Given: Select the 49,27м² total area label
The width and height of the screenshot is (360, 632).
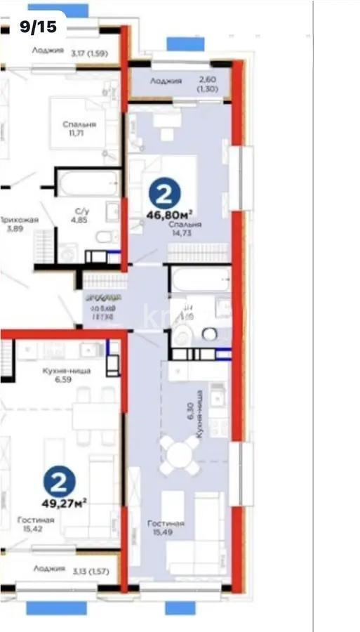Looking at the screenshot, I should tap(65, 502).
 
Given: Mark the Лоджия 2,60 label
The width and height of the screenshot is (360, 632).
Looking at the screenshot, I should tap(186, 85).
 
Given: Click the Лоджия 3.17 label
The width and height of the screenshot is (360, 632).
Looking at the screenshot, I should tap(69, 51).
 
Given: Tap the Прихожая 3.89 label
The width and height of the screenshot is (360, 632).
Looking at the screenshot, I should tap(19, 224).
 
